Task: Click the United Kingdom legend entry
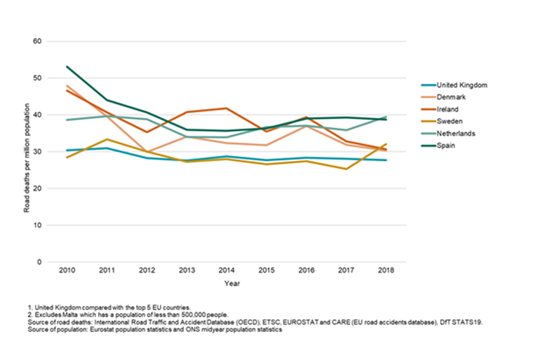[x=461, y=85]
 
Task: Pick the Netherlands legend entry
[x=456, y=134]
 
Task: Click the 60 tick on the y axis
[x=38, y=42]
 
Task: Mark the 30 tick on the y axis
[x=38, y=152]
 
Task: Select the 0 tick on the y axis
[x=40, y=262]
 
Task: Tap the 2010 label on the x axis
[x=67, y=271]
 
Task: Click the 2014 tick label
[x=227, y=271]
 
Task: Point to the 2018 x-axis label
[x=386, y=271]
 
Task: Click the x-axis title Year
[x=227, y=283]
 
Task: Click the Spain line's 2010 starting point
[x=67, y=66]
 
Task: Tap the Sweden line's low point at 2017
[x=346, y=169]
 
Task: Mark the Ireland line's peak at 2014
[x=227, y=108]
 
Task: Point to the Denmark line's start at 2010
[x=67, y=85]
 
